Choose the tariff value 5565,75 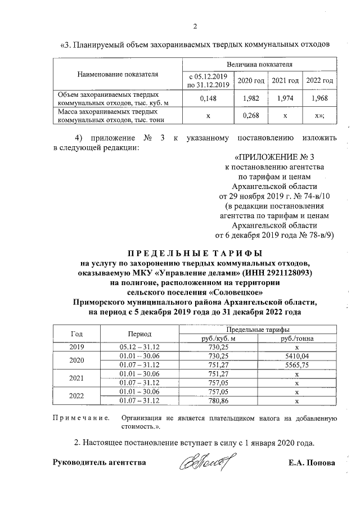[x=296, y=364]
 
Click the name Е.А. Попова [x=310, y=463]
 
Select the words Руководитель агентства [x=99, y=463]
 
